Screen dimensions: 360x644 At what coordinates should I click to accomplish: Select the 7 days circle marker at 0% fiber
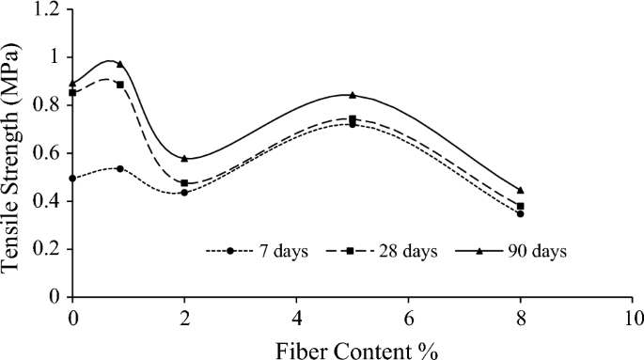tap(73, 178)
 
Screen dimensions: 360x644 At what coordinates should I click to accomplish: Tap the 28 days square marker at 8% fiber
tap(521, 206)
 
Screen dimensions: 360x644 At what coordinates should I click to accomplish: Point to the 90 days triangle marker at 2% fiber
tap(184, 158)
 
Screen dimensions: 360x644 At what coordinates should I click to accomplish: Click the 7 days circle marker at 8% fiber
tap(521, 213)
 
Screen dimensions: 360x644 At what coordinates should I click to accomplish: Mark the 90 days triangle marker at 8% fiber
tap(521, 190)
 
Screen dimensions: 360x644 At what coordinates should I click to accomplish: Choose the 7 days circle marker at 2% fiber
tap(184, 192)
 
